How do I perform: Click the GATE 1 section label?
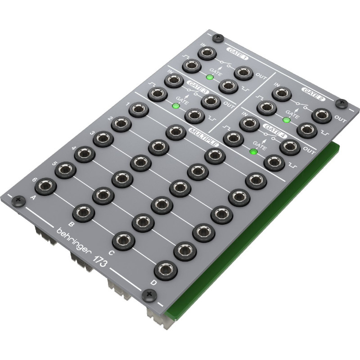tap(237, 54)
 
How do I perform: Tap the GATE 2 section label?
tap(313, 94)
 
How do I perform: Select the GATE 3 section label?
tap(198, 86)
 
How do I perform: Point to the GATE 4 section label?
tap(275, 130)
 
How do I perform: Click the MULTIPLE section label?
tap(203, 137)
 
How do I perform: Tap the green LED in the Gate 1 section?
tap(210, 77)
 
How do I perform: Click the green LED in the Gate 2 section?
tap(286, 120)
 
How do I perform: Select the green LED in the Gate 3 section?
tap(176, 106)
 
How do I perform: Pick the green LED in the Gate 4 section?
tap(253, 152)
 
